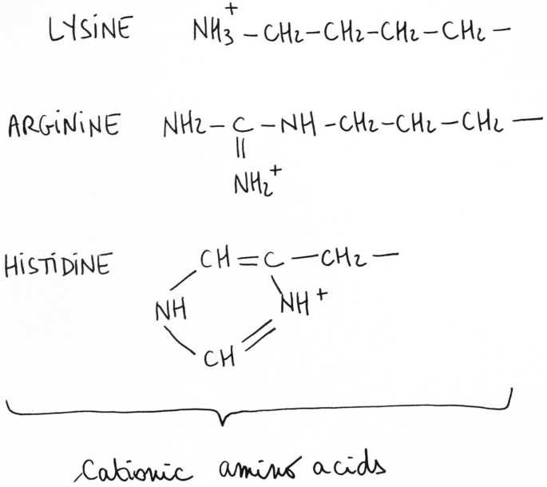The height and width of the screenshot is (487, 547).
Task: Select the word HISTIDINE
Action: click(x=57, y=266)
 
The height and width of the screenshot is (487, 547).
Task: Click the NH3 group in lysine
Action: click(x=212, y=32)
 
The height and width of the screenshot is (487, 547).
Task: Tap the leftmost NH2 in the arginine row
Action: click(x=183, y=126)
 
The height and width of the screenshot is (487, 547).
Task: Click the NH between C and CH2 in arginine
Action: click(x=300, y=125)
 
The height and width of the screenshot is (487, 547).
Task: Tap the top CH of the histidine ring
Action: click(x=213, y=259)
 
